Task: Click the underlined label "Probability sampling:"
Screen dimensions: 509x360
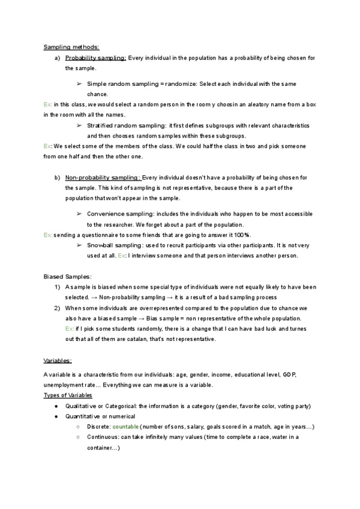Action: click(96, 58)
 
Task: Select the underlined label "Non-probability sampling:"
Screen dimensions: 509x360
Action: click(103, 178)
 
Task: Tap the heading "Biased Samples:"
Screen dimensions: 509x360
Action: click(68, 277)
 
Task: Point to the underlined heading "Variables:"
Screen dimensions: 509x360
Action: click(58, 361)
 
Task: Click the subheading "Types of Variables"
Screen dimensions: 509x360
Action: click(68, 396)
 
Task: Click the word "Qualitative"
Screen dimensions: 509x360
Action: click(82, 406)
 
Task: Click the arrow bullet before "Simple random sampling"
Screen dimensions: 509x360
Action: click(79, 84)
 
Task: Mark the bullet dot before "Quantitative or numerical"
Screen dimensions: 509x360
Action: click(56, 417)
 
